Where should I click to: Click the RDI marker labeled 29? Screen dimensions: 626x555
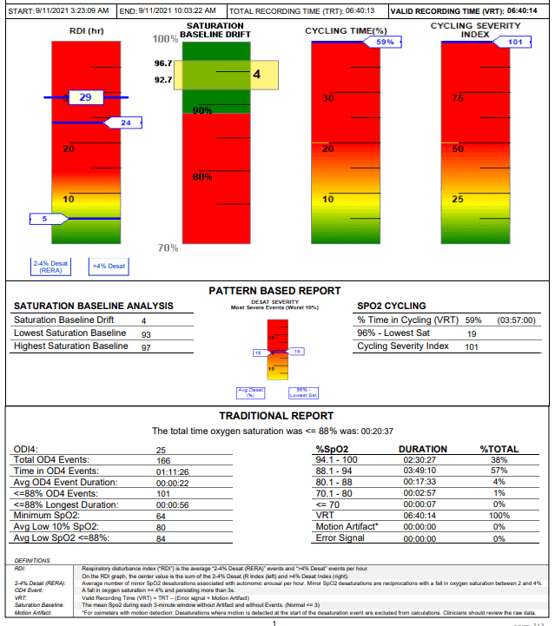85,97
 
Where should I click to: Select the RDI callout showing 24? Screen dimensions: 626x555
125,123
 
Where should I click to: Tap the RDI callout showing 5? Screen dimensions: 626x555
44,219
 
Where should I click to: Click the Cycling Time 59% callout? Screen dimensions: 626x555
384,42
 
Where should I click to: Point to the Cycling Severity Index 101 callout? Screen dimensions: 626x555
514,42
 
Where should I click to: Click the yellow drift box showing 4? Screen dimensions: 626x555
256,75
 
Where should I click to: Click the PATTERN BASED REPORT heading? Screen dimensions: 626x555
274,291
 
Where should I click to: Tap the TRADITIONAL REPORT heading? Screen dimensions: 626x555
275,416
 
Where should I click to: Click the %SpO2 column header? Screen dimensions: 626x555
334,449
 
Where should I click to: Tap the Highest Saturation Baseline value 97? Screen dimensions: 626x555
146,346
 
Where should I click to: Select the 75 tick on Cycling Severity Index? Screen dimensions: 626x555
457,98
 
